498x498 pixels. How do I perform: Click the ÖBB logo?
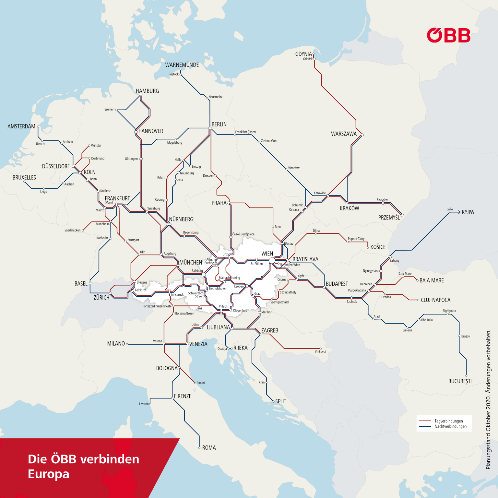click(448, 35)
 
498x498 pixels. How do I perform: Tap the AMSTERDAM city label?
click(21, 126)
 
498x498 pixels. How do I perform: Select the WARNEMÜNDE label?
click(182, 65)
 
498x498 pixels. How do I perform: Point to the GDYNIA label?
click(303, 54)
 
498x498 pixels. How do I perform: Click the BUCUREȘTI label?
click(460, 381)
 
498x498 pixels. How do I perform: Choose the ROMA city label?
click(209, 448)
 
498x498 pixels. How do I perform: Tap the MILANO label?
click(116, 344)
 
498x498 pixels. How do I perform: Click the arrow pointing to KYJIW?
click(457, 212)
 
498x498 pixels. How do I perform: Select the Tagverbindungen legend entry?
click(449, 421)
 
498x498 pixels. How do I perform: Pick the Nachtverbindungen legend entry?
click(450, 426)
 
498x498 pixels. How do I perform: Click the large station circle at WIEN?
click(272, 261)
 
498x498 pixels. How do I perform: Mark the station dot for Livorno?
click(150, 404)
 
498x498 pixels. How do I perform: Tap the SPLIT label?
click(281, 401)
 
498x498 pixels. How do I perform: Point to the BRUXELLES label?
click(24, 178)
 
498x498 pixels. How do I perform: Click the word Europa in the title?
click(49, 474)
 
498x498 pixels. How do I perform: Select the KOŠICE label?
click(378, 247)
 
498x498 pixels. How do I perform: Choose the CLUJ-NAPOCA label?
click(435, 300)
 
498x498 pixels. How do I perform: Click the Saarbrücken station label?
click(73, 231)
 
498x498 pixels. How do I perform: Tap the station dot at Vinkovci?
click(321, 349)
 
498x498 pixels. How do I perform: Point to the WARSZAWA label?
click(344, 134)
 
